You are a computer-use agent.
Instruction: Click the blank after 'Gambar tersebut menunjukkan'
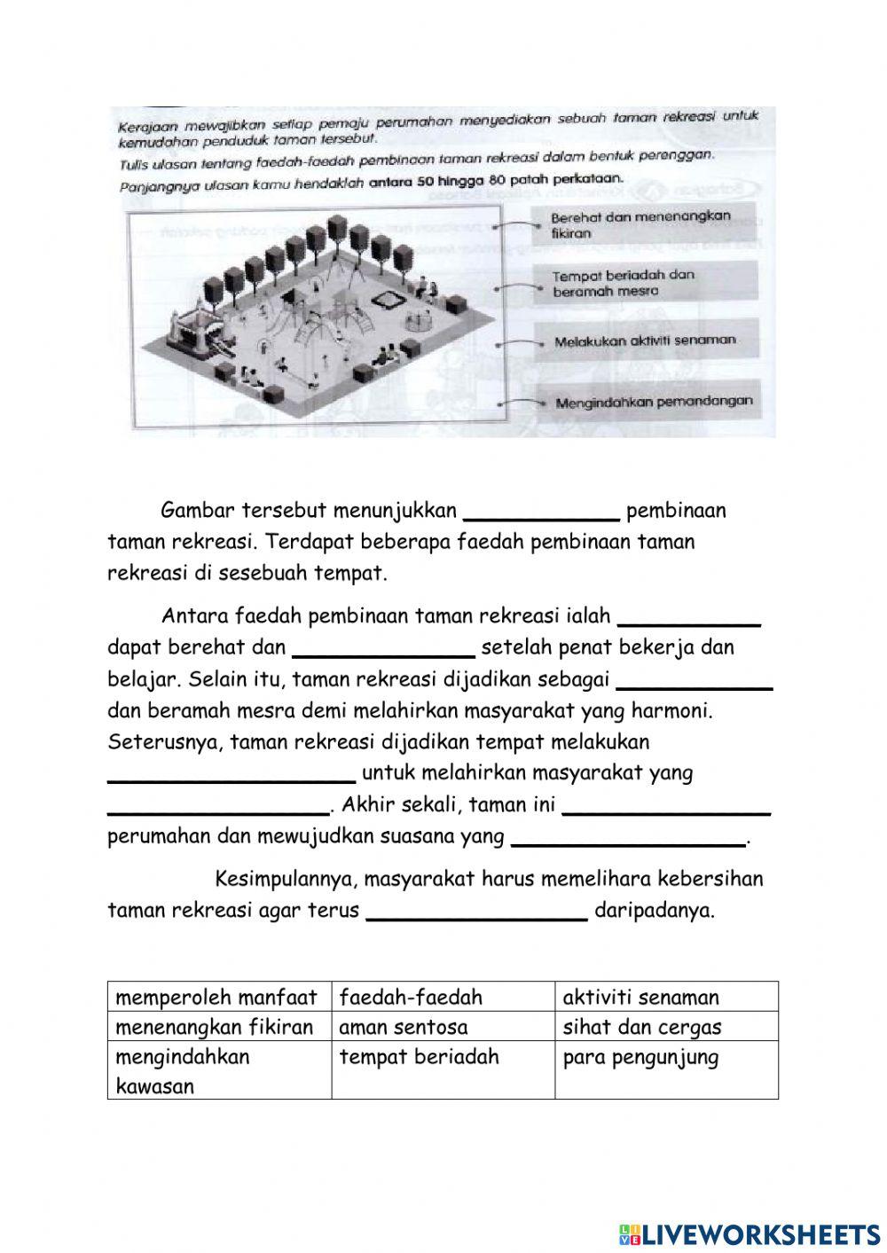point(542,511)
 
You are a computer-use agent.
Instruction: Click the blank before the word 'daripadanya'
point(476,911)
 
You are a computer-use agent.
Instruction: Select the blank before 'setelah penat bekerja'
point(383,648)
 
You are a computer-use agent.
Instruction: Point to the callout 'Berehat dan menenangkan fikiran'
point(640,224)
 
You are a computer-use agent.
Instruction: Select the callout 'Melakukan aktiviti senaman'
point(645,341)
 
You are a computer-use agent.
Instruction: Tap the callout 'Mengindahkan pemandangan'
point(653,402)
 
